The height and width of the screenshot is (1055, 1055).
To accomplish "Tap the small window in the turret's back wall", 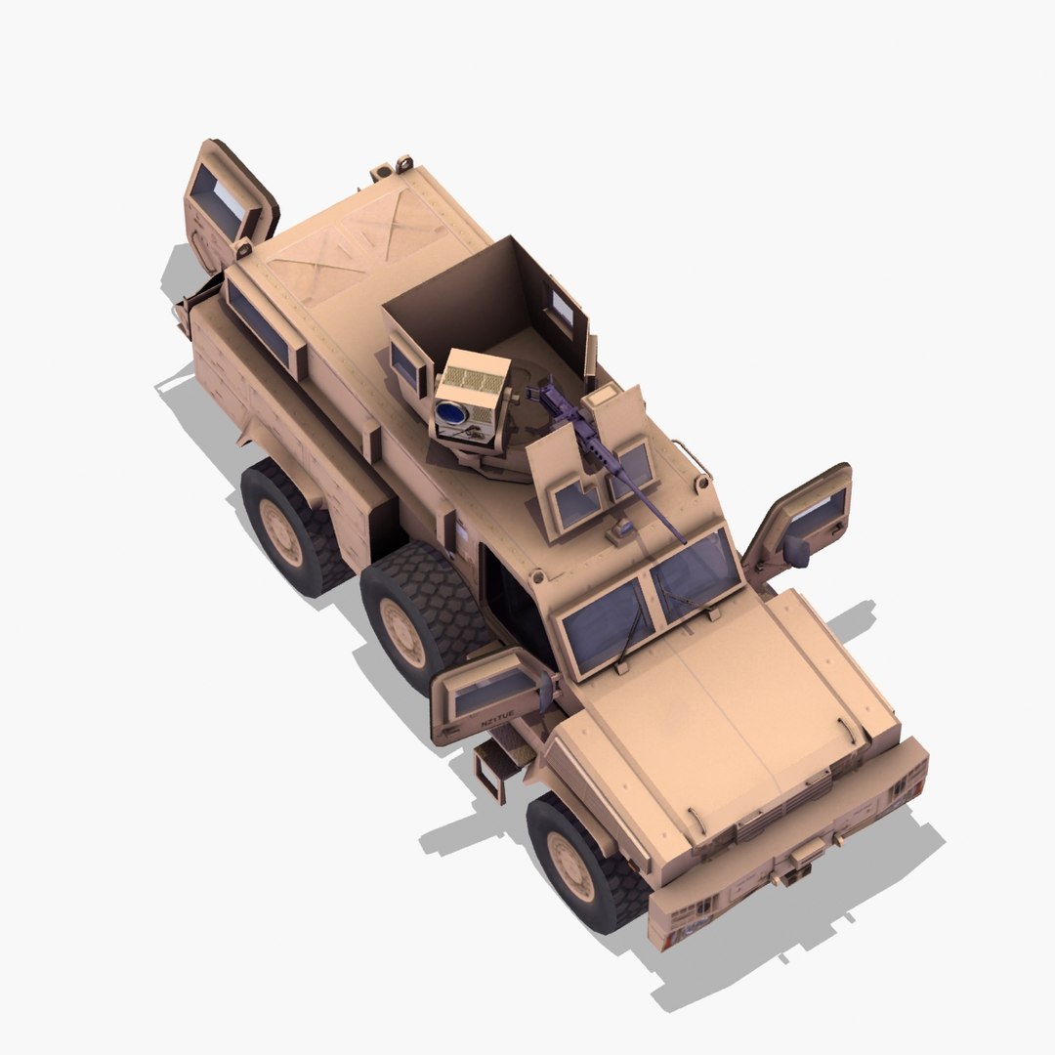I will pyautogui.click(x=562, y=308).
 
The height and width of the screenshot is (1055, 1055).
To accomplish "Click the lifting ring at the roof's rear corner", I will pyautogui.click(x=402, y=161).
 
